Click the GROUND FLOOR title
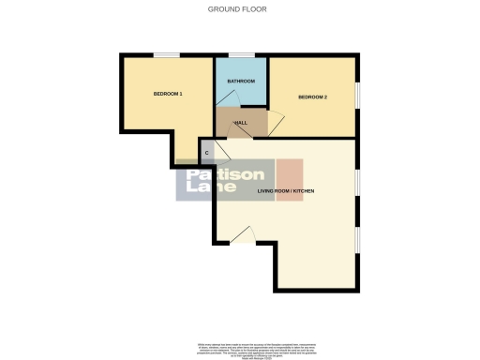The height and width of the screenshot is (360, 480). pos(239,9)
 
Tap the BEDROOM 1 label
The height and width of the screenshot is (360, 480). pos(168,94)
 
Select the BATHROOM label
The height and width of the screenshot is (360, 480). pos(241,82)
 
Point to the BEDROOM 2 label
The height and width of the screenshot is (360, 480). pos(312,97)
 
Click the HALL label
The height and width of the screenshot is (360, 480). pos(240,122)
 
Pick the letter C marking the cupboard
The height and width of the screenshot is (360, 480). pos(206,153)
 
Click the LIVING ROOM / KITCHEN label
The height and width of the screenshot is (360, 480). pos(286,191)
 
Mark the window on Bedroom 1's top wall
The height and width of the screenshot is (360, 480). pos(168,55)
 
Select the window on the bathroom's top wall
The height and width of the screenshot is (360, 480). pos(241,55)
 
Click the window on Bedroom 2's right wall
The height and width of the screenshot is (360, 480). pos(357,97)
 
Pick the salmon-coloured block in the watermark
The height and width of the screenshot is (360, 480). pos(290,175)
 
